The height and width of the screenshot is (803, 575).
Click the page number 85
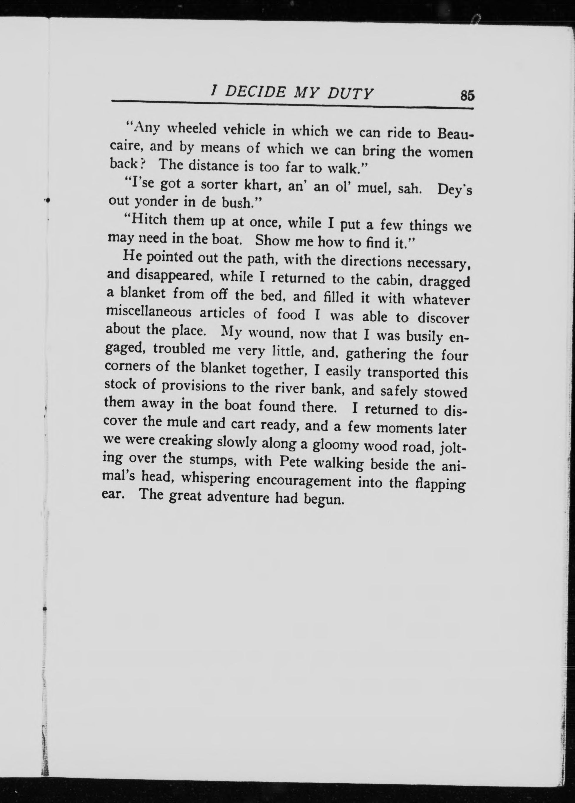[x=466, y=96]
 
